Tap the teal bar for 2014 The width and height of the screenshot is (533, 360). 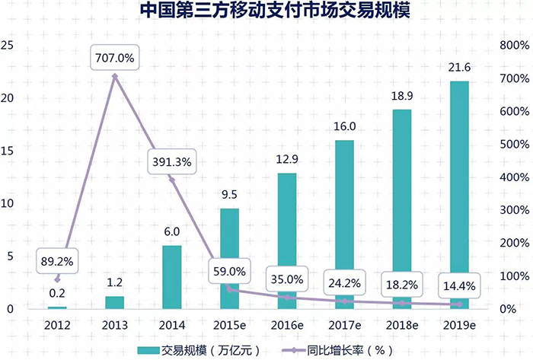coord(172,277)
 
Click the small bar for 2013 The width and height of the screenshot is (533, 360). coord(114,302)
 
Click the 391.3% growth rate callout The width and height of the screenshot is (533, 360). coord(172,161)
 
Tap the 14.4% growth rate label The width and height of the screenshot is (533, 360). coord(458,288)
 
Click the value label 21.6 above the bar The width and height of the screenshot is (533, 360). coord(458,68)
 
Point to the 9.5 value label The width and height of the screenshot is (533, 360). coord(229,196)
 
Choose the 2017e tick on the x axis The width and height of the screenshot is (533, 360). coord(343,325)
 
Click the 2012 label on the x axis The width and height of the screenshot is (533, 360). coord(58,325)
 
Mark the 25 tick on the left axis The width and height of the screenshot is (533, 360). coord(8,46)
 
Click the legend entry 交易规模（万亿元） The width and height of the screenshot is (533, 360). coord(198,349)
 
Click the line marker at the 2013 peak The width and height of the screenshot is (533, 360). coord(115,76)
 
